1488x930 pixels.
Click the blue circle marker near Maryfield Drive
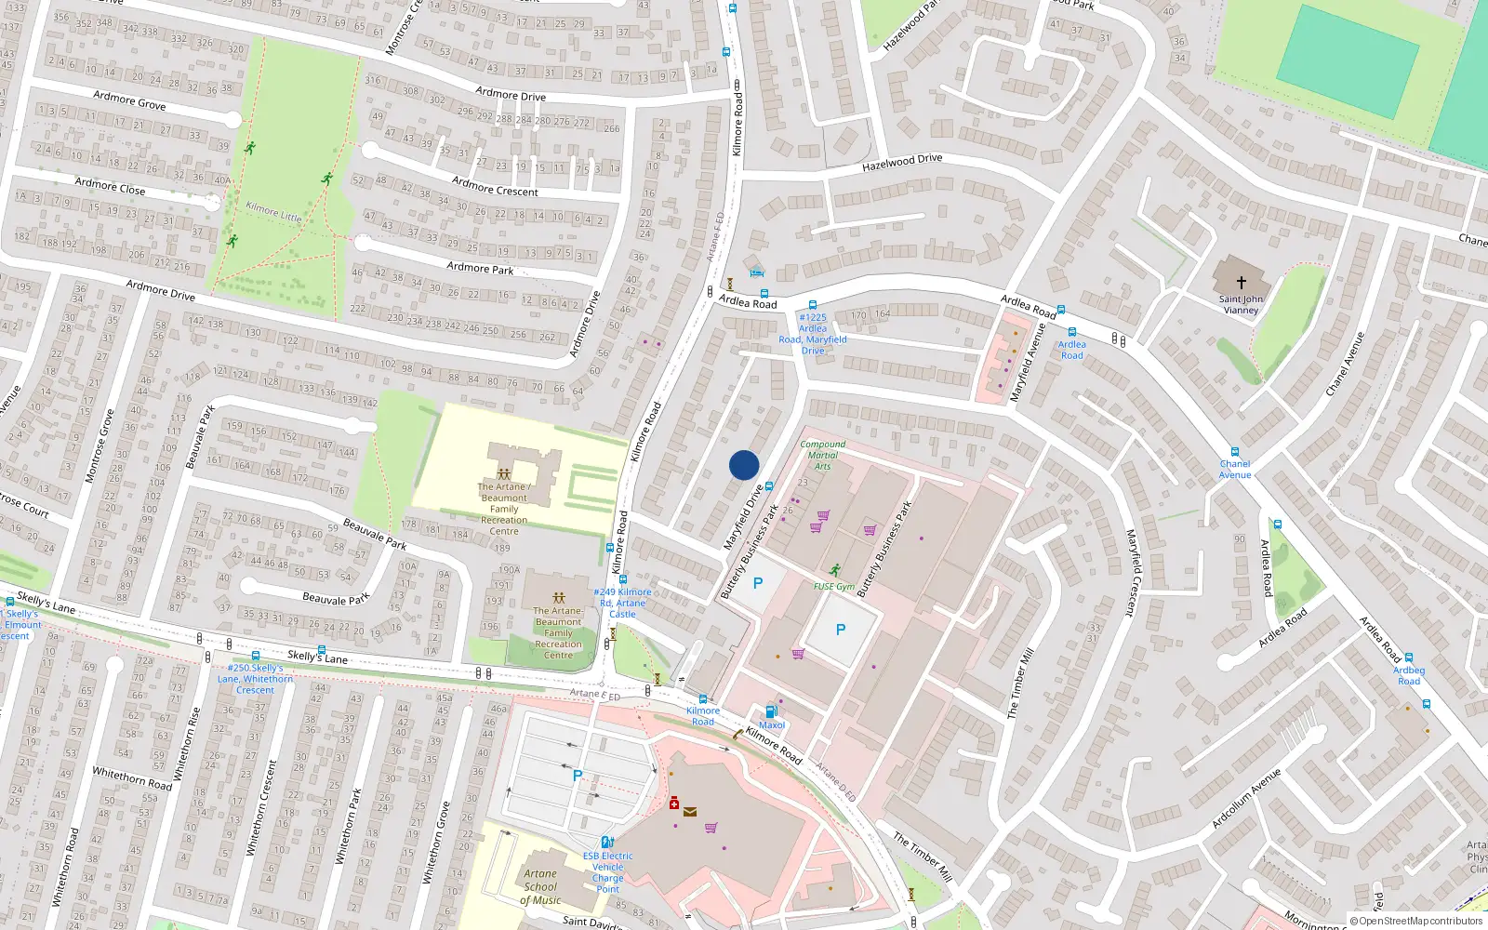pyautogui.click(x=744, y=465)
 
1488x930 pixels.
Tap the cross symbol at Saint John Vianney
pyautogui.click(x=1241, y=282)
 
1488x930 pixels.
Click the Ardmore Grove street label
pyautogui.click(x=129, y=100)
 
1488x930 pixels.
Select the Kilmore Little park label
pyautogui.click(x=273, y=211)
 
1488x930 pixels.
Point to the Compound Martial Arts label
pyautogui.click(x=823, y=455)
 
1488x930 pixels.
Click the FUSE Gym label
pyautogui.click(x=833, y=587)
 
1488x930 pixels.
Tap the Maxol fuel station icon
pyautogui.click(x=771, y=712)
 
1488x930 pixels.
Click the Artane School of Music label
pyautogui.click(x=540, y=886)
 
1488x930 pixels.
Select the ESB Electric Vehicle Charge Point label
pyautogui.click(x=608, y=872)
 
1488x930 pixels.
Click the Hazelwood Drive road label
pyautogui.click(x=902, y=163)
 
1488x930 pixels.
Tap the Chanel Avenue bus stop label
pyautogui.click(x=1235, y=469)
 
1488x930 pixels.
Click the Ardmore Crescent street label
pyautogui.click(x=495, y=186)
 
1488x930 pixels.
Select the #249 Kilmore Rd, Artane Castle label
pyautogui.click(x=623, y=603)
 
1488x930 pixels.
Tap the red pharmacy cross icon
pyautogui.click(x=674, y=804)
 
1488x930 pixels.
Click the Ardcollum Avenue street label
pyautogui.click(x=1246, y=798)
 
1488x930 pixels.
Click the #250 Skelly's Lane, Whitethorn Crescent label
pyautogui.click(x=255, y=679)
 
